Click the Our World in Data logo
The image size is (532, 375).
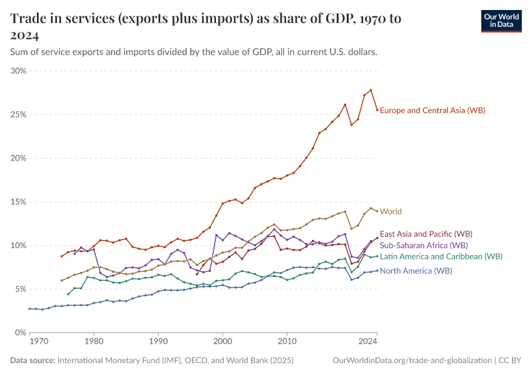(501, 21)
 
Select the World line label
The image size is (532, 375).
(391, 212)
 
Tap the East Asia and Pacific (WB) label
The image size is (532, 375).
(426, 233)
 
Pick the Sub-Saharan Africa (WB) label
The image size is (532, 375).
(424, 246)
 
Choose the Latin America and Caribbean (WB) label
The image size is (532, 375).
(441, 256)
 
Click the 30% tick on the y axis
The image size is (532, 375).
(18, 71)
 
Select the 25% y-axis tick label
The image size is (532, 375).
(18, 115)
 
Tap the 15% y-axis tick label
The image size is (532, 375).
(18, 202)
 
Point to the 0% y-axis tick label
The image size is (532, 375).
(20, 333)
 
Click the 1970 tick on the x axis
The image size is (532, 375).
(38, 342)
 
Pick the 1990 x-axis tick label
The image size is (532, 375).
(158, 342)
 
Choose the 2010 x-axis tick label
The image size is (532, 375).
(287, 342)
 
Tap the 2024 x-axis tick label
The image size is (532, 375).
(368, 342)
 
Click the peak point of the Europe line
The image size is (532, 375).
(371, 90)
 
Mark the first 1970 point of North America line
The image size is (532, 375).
(29, 309)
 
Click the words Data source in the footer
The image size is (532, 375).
(33, 361)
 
